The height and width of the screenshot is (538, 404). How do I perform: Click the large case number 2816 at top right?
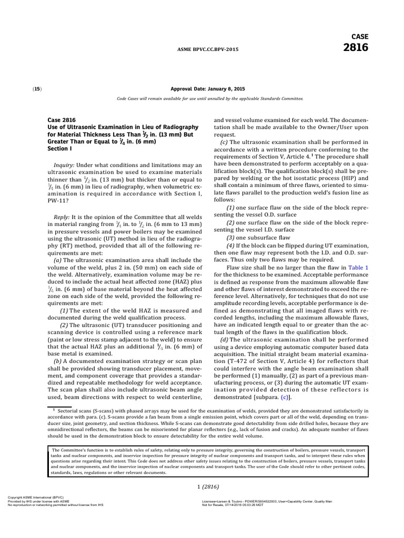point(355,47)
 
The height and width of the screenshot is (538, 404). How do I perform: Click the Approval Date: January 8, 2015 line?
point(209,89)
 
